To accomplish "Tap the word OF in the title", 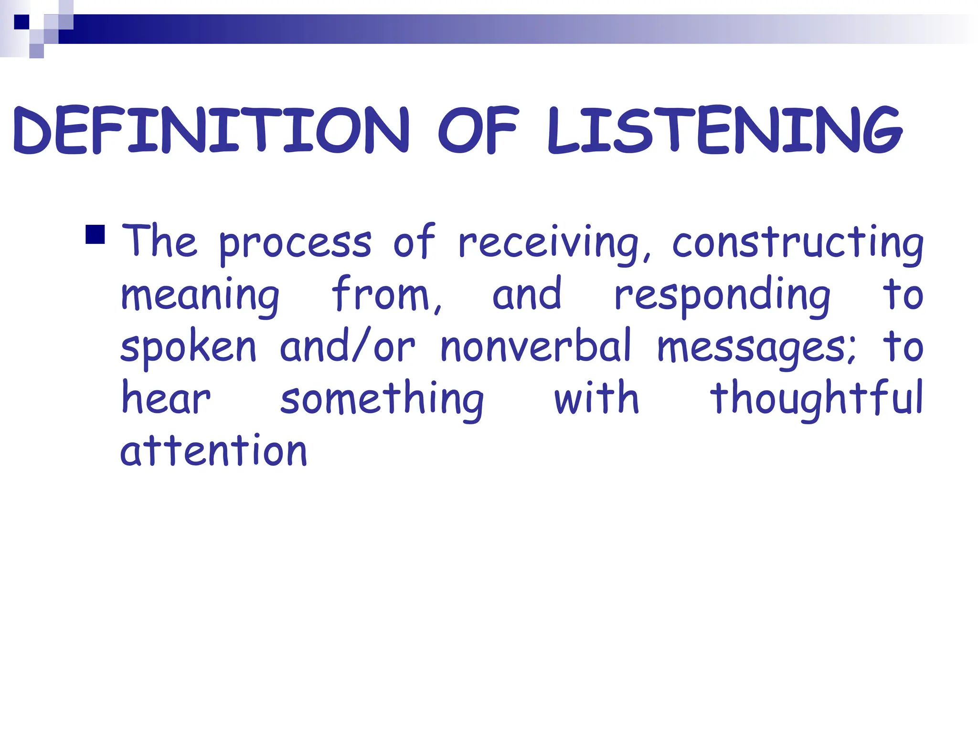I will [x=478, y=130].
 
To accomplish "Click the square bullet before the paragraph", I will [x=95, y=234].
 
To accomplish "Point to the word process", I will [x=295, y=244].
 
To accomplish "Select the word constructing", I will [x=798, y=244].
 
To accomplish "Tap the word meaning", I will [x=200, y=296].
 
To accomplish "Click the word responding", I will [x=722, y=296].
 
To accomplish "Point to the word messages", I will [x=756, y=348].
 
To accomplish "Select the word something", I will [x=382, y=400].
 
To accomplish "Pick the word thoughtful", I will [x=817, y=400].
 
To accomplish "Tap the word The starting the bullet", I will [x=159, y=241].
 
